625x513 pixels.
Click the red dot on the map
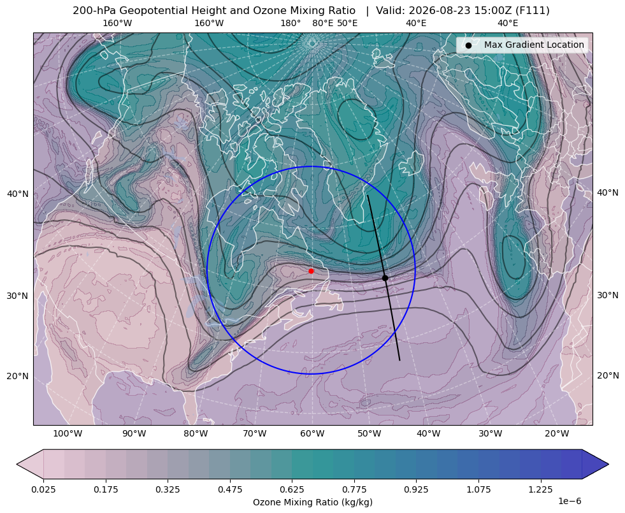311,271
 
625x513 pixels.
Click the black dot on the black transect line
385,278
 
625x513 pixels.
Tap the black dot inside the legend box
468,45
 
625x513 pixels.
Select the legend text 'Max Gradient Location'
534,45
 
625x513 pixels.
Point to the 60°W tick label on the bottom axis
312,433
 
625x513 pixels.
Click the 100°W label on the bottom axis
68,433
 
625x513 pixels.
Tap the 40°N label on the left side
18,194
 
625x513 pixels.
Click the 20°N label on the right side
608,375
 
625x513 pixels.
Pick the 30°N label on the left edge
18,296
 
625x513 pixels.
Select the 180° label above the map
291,23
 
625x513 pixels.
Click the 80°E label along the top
322,23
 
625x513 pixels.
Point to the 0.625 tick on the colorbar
292,489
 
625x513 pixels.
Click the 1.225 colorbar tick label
540,489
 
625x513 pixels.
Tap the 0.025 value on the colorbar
43,489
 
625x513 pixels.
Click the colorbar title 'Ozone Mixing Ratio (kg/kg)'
312,502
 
